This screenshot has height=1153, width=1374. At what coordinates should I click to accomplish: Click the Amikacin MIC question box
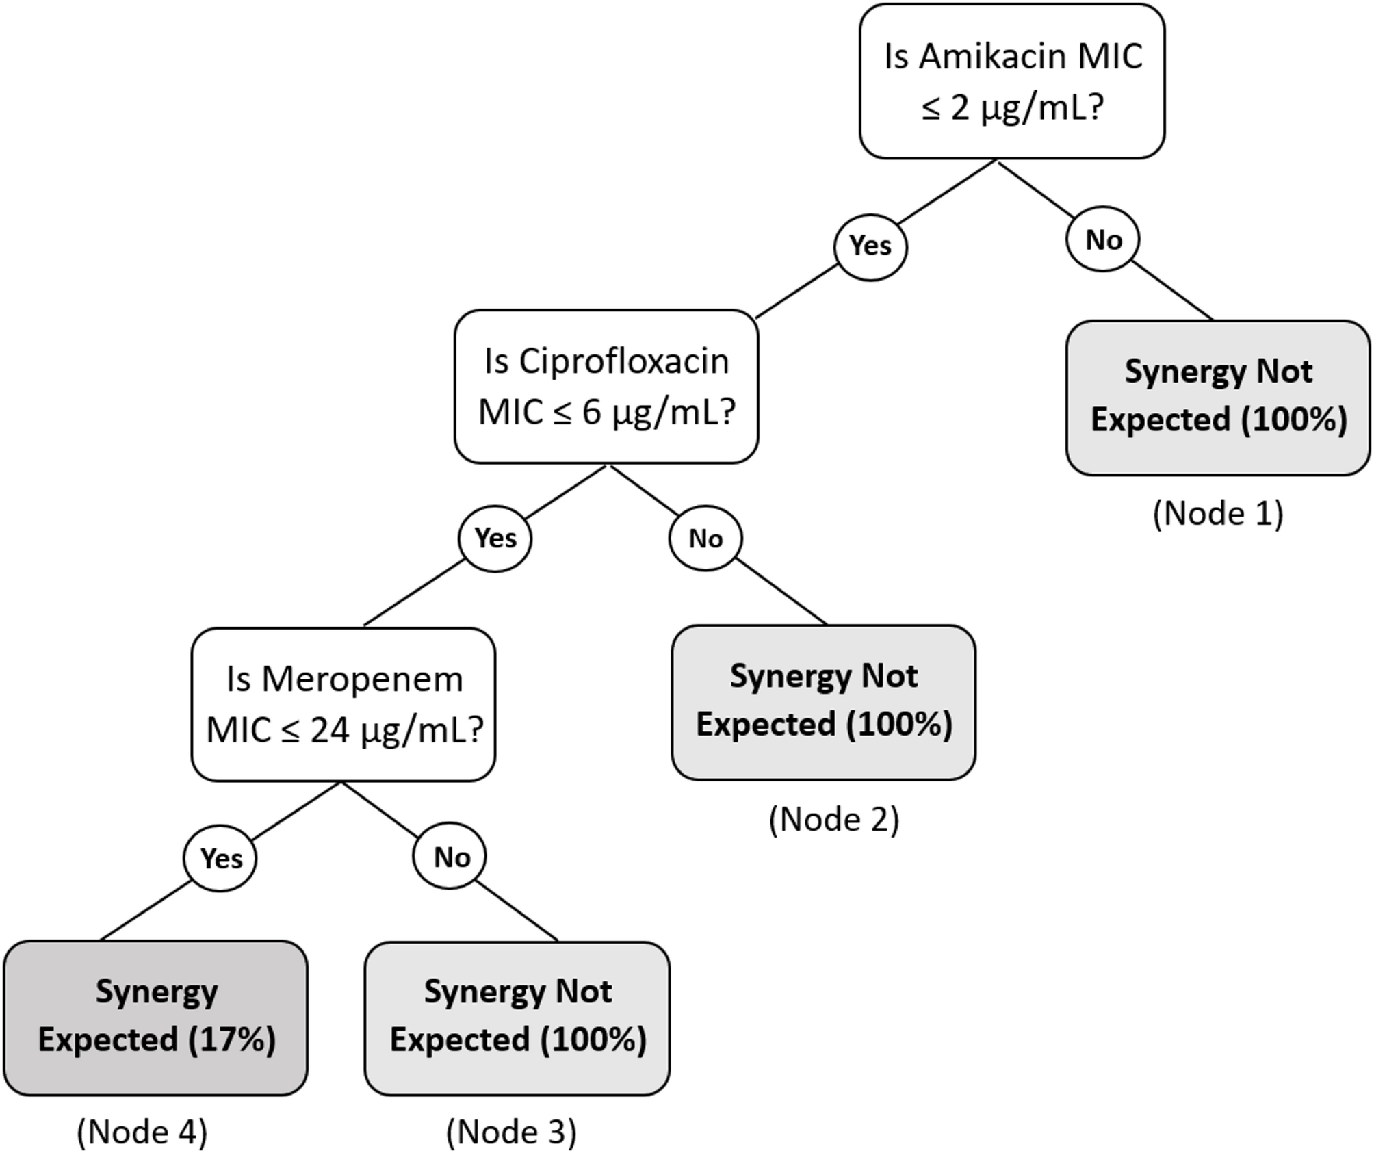(x=1011, y=81)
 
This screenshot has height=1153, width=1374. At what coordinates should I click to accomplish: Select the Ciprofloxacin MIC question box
(x=606, y=387)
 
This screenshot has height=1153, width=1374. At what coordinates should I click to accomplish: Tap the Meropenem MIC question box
(x=343, y=705)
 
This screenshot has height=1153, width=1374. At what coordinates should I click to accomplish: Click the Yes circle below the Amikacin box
(x=870, y=246)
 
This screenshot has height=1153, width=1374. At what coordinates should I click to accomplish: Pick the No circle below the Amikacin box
(x=1103, y=240)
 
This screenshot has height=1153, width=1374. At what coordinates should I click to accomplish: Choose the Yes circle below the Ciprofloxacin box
(x=495, y=539)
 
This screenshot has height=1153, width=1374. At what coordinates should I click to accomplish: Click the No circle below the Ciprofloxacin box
(x=705, y=539)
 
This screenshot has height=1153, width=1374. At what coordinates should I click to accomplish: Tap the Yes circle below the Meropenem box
(x=220, y=858)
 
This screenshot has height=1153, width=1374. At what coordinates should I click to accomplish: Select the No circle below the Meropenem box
(x=450, y=857)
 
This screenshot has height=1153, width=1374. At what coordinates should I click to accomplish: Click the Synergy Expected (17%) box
(x=155, y=1018)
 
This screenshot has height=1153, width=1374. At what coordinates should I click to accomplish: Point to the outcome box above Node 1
(x=1218, y=398)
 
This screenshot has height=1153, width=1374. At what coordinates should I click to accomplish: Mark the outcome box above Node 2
(x=824, y=702)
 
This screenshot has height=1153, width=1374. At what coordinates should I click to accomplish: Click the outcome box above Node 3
(x=517, y=1018)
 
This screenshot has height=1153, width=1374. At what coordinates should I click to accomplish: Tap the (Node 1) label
(x=1218, y=513)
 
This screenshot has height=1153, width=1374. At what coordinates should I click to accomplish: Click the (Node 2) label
(x=833, y=819)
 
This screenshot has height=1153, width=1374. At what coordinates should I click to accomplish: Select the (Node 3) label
(x=511, y=1132)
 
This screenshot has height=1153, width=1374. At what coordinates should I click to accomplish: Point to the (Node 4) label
(x=142, y=1132)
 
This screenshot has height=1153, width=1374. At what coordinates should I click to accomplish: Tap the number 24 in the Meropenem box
(x=330, y=731)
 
